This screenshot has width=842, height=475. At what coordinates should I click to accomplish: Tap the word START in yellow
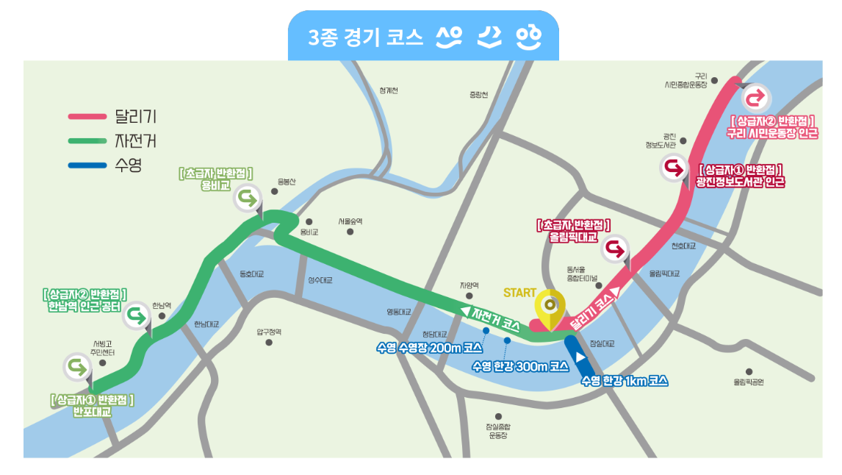(x=519, y=293)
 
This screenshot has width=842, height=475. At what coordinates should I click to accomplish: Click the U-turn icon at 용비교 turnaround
(x=248, y=197)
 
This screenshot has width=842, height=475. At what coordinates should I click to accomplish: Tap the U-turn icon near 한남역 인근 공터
(x=137, y=317)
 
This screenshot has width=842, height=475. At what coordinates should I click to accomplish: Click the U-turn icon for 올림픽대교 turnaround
(x=615, y=250)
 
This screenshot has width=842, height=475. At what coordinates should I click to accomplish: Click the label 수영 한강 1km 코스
(x=624, y=381)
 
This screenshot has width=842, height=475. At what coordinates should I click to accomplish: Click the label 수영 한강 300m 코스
(x=520, y=365)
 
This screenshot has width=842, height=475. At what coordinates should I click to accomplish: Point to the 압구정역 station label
(x=268, y=332)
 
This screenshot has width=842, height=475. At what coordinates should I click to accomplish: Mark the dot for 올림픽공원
(x=749, y=372)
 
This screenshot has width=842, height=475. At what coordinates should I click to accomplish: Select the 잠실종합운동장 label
(x=498, y=431)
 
